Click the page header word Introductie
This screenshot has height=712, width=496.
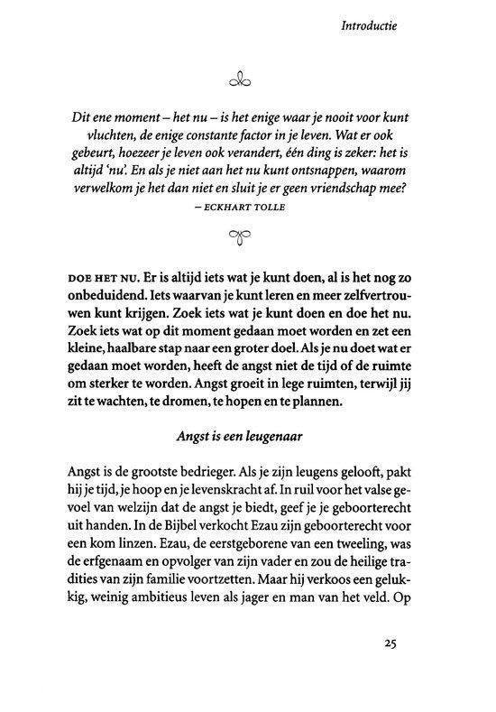pyautogui.click(x=369, y=26)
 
